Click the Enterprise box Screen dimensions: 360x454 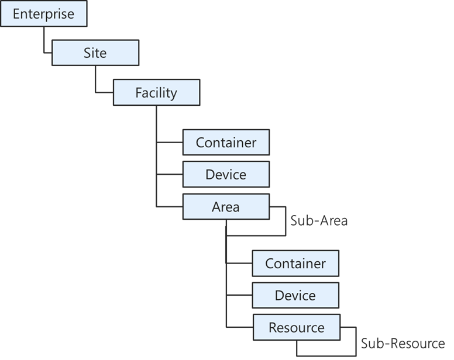pyautogui.click(x=44, y=14)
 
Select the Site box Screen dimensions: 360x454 pyautogui.click(x=95, y=53)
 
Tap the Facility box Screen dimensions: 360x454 pyautogui.click(x=156, y=93)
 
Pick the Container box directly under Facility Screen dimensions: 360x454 pyautogui.click(x=226, y=143)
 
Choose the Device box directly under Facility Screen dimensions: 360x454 pyautogui.click(x=226, y=174)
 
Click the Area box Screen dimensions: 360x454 pyautogui.click(x=226, y=207)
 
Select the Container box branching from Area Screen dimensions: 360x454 pyautogui.click(x=295, y=264)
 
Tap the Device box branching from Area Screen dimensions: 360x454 pyautogui.click(x=295, y=296)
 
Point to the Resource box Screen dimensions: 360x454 pyautogui.click(x=297, y=328)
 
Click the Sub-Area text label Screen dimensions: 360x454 pyautogui.click(x=319, y=220)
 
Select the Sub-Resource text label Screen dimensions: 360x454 pyautogui.click(x=403, y=343)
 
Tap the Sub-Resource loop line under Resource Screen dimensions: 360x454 pyautogui.click(x=328, y=355)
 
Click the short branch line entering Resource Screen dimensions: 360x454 pyautogui.click(x=239, y=327)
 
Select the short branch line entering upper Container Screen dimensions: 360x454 pyautogui.click(x=170, y=142)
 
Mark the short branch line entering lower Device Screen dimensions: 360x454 pyautogui.click(x=239, y=295)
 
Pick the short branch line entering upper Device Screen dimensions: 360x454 pyautogui.click(x=170, y=174)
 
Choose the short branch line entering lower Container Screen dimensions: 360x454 pyautogui.click(x=239, y=264)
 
